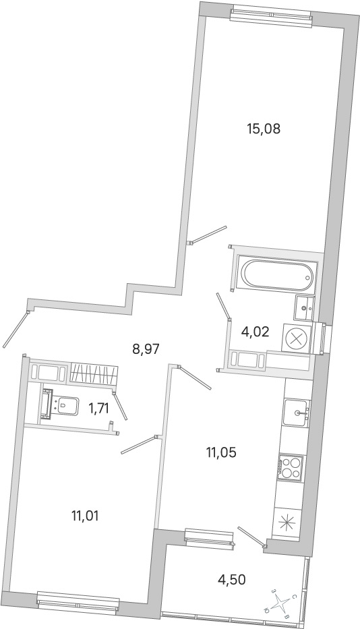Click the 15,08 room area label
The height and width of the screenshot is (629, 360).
point(264,129)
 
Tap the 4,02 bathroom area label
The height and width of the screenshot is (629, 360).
point(255,332)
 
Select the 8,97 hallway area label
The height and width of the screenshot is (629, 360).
point(146,349)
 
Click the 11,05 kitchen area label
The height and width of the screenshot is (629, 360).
point(222,452)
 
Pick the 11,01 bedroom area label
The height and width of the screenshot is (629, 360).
point(85,516)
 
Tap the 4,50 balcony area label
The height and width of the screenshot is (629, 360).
point(231,580)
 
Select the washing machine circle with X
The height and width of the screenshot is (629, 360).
point(297,338)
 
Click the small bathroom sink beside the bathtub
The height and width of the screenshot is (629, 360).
point(304,307)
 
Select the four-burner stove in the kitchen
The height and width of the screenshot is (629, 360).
point(290,467)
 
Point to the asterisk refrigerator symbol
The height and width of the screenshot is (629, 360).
point(287,522)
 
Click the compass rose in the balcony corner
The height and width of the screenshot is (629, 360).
point(282,603)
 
